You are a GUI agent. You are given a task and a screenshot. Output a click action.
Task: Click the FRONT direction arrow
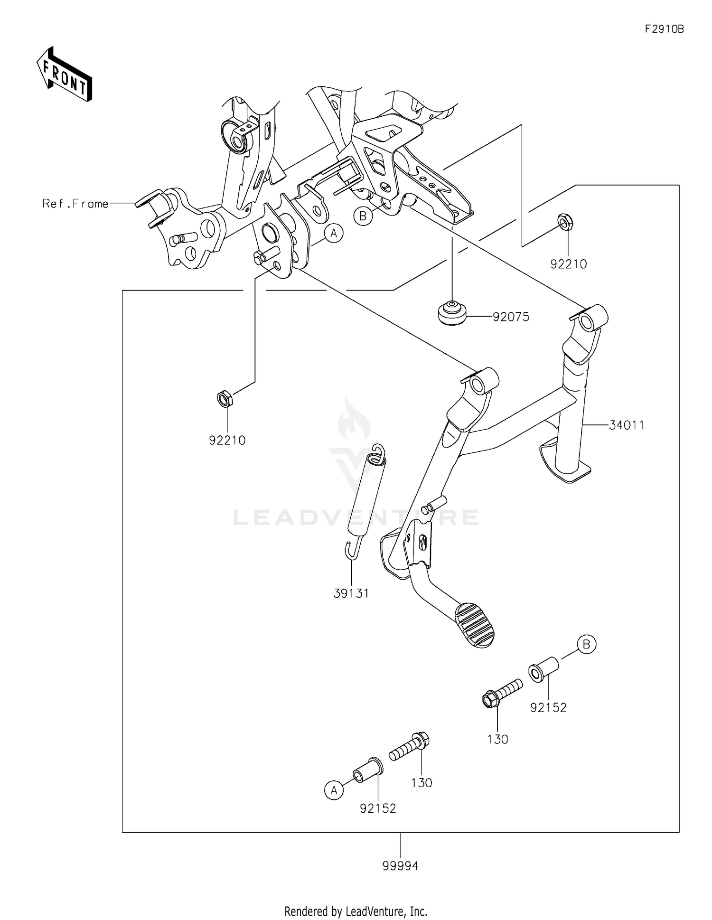coord(65,74)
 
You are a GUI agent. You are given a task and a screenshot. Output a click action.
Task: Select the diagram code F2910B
coord(664,29)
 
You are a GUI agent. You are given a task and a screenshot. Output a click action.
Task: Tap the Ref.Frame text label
coord(75,204)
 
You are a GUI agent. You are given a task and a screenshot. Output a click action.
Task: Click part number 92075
coord(511,317)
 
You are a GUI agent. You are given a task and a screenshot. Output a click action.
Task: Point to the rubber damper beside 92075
coord(451,314)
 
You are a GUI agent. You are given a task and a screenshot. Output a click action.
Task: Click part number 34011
coord(627,425)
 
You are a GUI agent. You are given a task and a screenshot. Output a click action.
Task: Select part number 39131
coord(351,593)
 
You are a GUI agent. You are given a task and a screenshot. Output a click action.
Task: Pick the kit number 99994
coord(401,866)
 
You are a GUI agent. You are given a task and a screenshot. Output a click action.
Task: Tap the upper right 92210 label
coord(569,264)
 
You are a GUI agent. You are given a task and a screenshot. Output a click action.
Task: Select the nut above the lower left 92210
coord(224,398)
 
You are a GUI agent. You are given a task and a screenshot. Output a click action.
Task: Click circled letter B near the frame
coord(363,216)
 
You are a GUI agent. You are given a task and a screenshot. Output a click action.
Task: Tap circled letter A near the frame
coord(334,234)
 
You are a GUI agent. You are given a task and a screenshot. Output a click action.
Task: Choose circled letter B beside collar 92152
coord(587,644)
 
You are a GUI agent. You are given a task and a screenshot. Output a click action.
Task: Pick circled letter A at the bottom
coord(334,790)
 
